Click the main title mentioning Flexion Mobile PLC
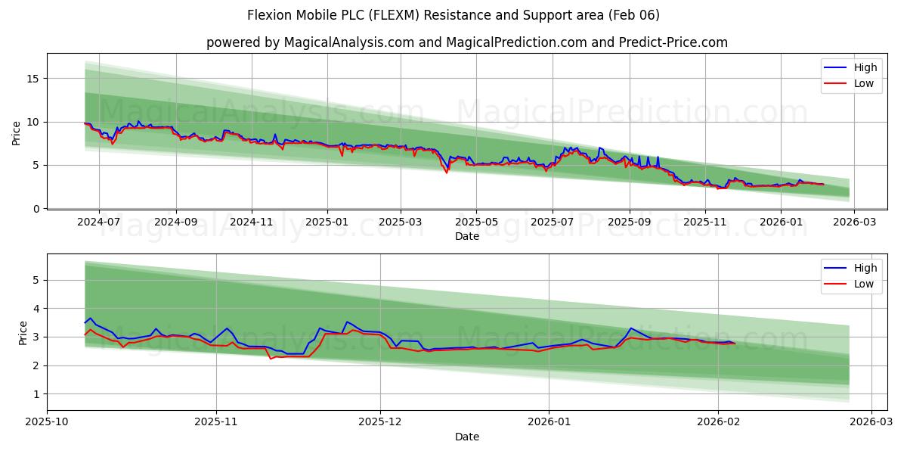pos(453,15)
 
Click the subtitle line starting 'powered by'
pos(466,42)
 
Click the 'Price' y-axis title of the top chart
pos(17,132)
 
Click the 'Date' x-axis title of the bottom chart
pos(466,437)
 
